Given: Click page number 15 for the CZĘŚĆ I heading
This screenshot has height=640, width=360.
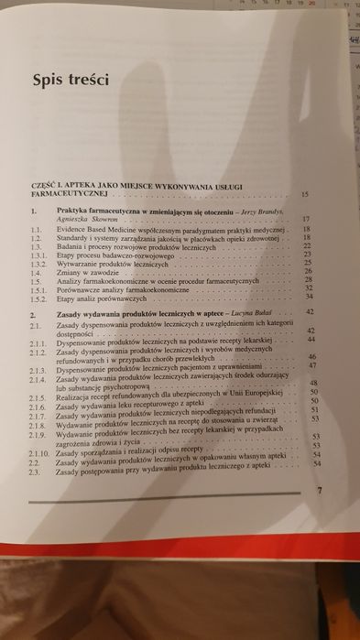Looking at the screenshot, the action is click(x=303, y=195).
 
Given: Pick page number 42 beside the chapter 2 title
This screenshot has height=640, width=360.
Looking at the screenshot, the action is click(x=311, y=312).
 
